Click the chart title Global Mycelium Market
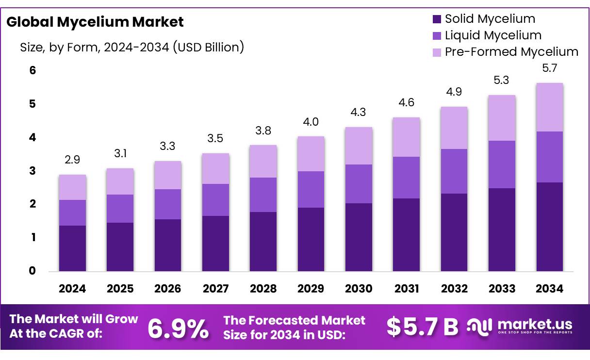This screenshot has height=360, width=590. click(x=95, y=22)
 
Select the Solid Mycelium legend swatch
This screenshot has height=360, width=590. click(x=436, y=19)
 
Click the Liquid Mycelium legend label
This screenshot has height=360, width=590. click(x=493, y=35)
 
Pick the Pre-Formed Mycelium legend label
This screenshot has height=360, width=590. click(x=511, y=52)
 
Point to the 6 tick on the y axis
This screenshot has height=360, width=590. click(x=33, y=70)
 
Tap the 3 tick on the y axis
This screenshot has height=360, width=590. click(x=33, y=171)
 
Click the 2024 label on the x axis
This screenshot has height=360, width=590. click(x=72, y=289)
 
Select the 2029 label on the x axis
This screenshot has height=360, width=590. click(x=311, y=289)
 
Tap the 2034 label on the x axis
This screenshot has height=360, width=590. click(x=550, y=289)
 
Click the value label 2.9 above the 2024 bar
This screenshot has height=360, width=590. click(x=72, y=160)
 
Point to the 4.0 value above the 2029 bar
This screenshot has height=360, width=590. click(x=311, y=122)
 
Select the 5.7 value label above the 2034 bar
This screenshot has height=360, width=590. click(x=550, y=68)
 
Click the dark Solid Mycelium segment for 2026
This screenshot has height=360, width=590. click(x=168, y=245)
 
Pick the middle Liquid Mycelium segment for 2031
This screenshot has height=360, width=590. click(x=407, y=178)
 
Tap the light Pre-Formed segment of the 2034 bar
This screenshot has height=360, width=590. click(x=550, y=107)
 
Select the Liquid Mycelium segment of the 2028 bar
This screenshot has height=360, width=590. click(x=263, y=195)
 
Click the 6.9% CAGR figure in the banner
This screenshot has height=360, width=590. click(x=178, y=329)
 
